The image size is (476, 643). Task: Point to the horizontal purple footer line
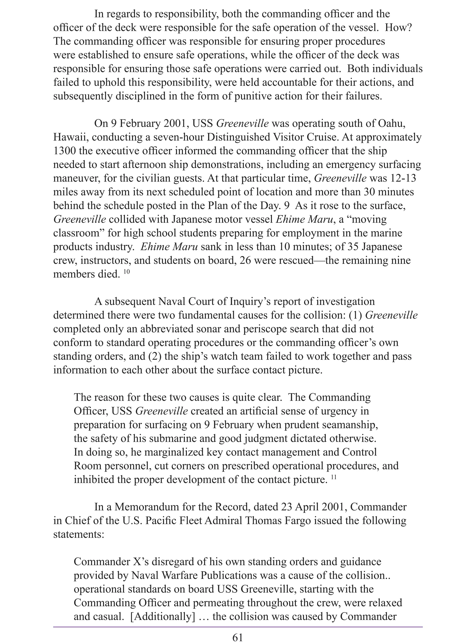click(238, 626)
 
